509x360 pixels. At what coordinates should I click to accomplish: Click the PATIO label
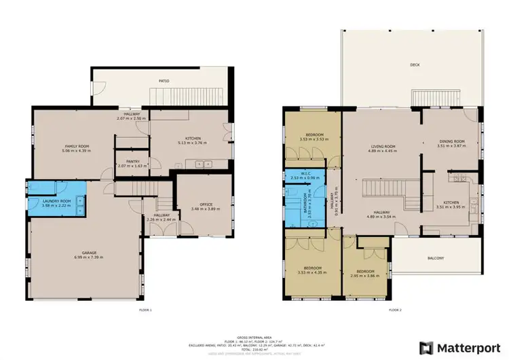point(164,81)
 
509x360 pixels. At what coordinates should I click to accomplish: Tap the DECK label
point(415,65)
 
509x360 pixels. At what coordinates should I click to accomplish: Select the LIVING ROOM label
point(383,147)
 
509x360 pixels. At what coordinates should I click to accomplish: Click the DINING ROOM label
point(450,141)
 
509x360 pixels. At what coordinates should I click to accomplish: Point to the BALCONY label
point(436,258)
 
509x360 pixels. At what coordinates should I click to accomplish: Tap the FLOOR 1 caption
point(145,309)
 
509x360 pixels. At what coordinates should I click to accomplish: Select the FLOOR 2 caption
point(395,309)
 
